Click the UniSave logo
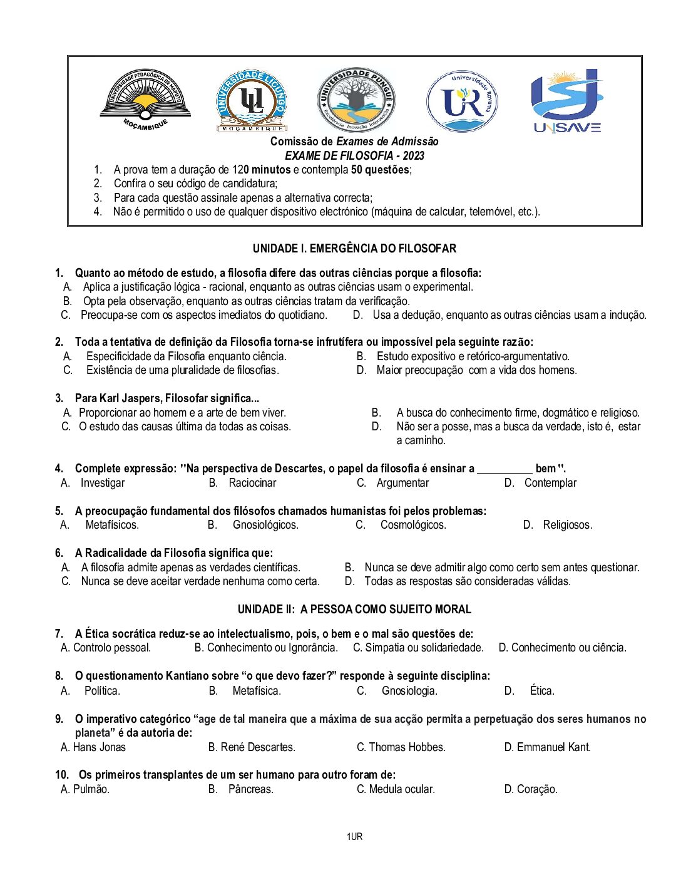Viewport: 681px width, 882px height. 566,101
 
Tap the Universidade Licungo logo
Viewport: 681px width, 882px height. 252,101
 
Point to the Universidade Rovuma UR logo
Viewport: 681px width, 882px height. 463,101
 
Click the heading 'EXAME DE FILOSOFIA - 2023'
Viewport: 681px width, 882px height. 354,156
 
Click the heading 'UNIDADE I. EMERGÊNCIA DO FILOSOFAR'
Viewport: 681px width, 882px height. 354,249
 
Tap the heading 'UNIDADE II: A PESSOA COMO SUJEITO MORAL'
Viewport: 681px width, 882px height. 354,610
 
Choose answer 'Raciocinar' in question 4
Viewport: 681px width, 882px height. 252,483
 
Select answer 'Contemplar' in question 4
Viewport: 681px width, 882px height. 550,483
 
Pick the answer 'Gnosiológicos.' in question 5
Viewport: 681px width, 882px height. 265,525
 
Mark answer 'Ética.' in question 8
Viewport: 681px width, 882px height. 542,691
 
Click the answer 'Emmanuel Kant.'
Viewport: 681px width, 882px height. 553,747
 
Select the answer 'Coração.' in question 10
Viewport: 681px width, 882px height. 537,789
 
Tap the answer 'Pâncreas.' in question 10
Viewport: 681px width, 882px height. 250,789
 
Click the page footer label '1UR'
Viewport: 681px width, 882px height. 354,837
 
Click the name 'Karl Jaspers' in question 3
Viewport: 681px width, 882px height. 130,398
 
